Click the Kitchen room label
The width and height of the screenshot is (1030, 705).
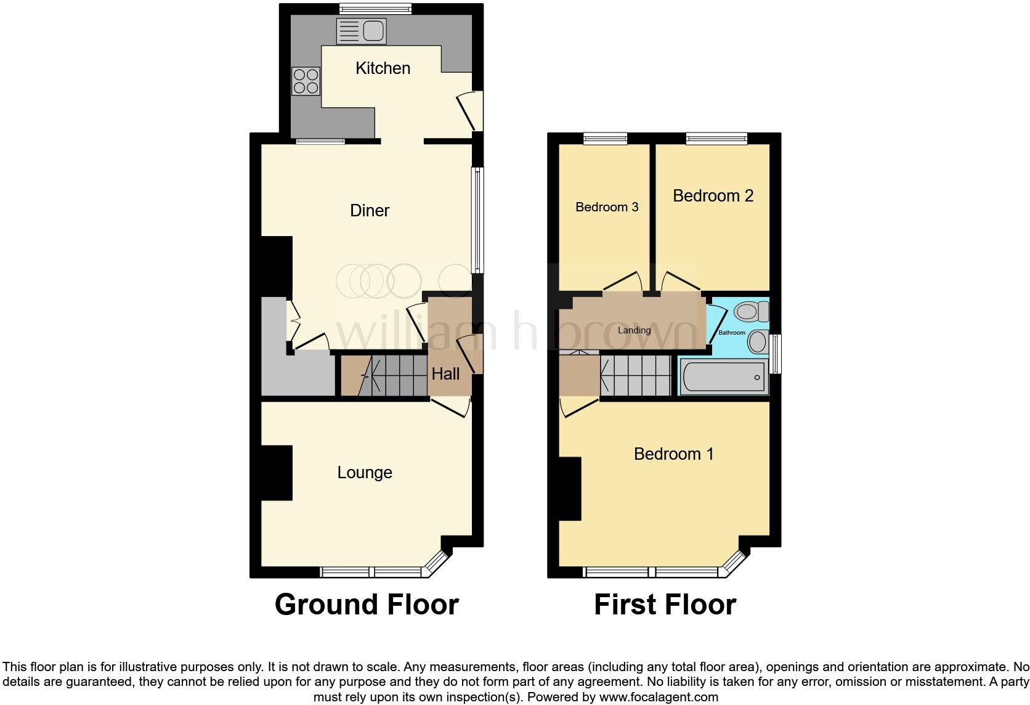(x=383, y=68)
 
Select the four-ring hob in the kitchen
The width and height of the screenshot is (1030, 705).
(x=306, y=81)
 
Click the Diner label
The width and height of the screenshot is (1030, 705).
(x=370, y=211)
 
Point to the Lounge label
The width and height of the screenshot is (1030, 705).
(x=365, y=473)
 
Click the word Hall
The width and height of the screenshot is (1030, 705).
(x=445, y=374)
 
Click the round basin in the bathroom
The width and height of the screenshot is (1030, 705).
(x=758, y=341)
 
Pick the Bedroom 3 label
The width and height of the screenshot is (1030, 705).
(x=607, y=207)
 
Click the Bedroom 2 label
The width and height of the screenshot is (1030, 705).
(x=713, y=196)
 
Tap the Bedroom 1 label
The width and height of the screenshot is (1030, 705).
(x=673, y=454)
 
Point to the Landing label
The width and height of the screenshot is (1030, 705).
(x=634, y=330)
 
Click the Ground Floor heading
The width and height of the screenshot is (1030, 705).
(x=367, y=605)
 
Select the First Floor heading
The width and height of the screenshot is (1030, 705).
(x=665, y=605)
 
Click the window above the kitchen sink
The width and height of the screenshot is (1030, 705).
(x=375, y=9)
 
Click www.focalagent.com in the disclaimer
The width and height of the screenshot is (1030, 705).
(x=659, y=698)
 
